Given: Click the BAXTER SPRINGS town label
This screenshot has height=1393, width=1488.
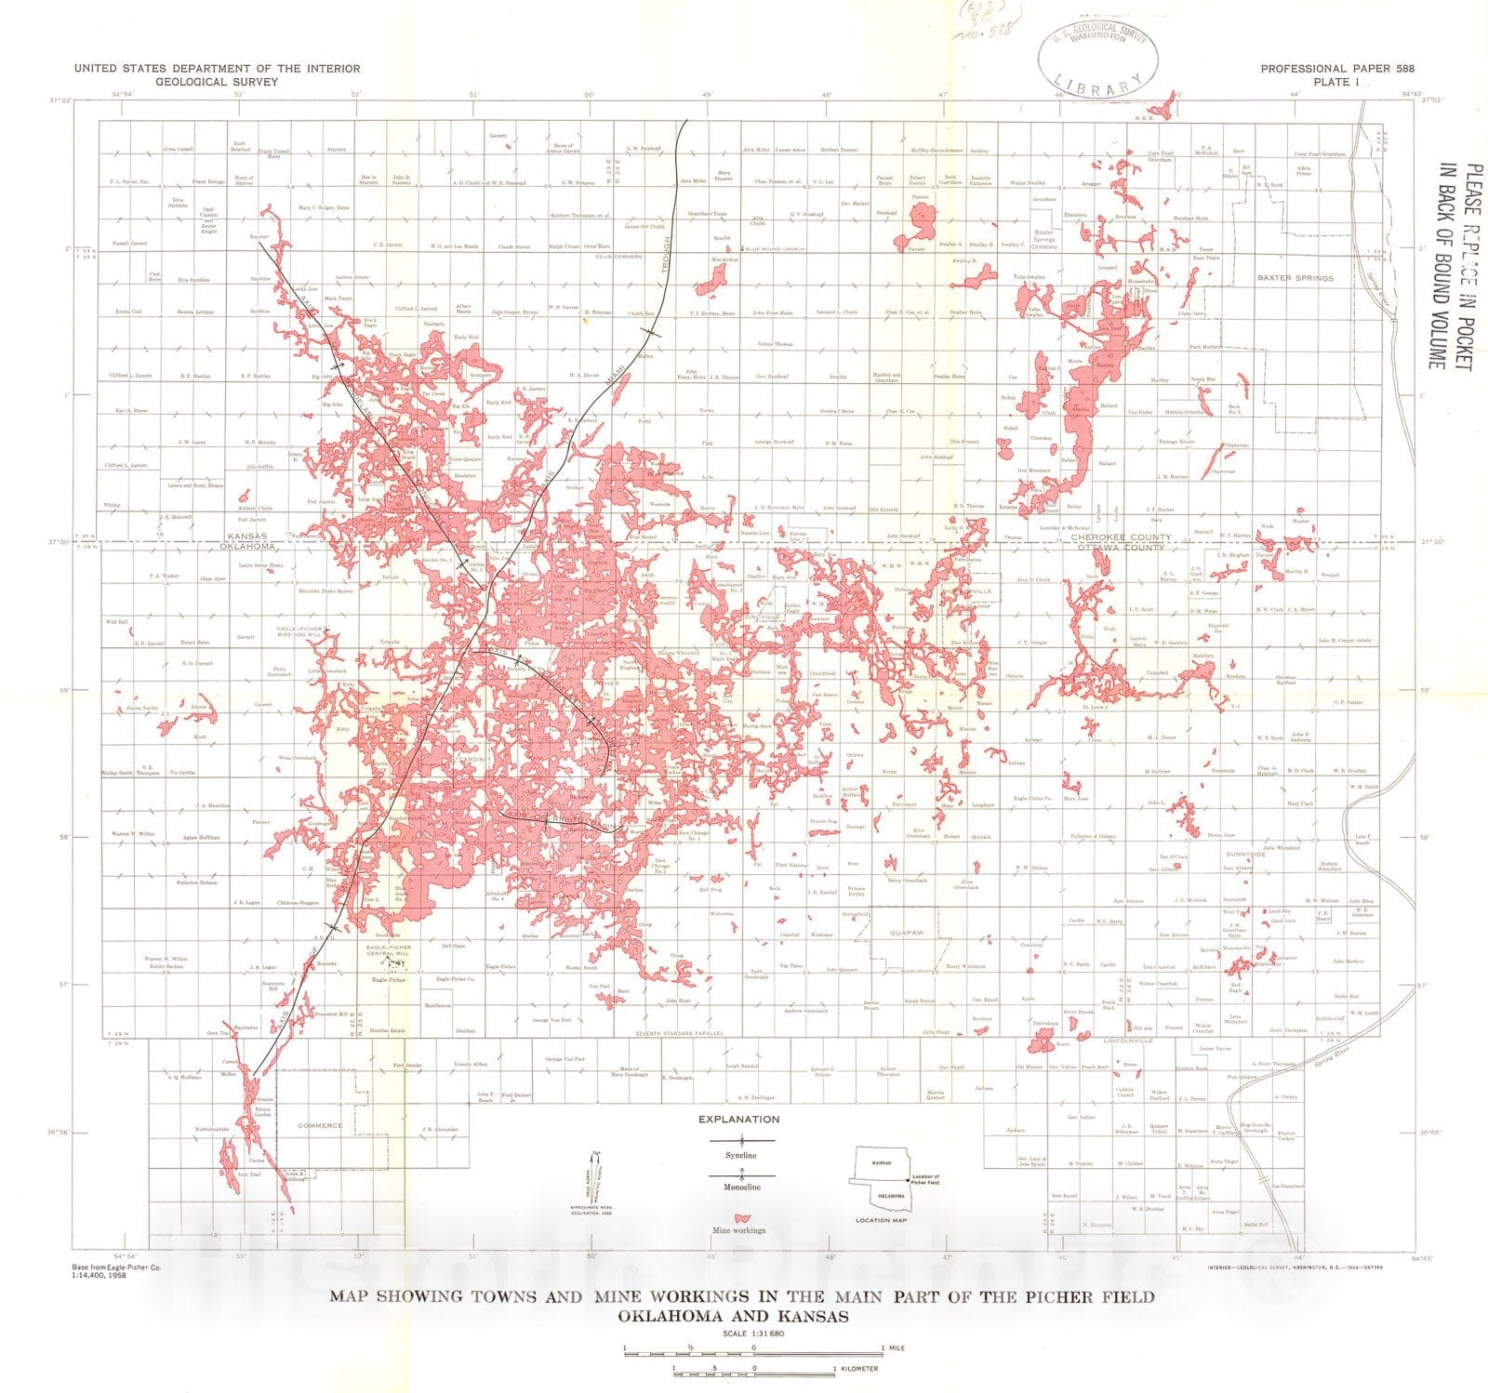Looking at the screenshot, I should click(x=1295, y=278).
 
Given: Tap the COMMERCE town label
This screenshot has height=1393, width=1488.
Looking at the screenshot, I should click(x=320, y=1125).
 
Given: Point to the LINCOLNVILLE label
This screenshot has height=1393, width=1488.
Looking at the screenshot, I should click(x=1127, y=1041).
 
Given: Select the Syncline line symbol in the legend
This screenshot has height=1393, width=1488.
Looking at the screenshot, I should click(x=741, y=1140).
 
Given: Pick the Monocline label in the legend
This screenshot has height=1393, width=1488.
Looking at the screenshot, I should click(x=741, y=1187).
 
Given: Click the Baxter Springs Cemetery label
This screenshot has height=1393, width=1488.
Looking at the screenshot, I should click(x=1044, y=240).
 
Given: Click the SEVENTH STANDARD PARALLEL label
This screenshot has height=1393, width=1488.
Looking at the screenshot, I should click(x=678, y=1033).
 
